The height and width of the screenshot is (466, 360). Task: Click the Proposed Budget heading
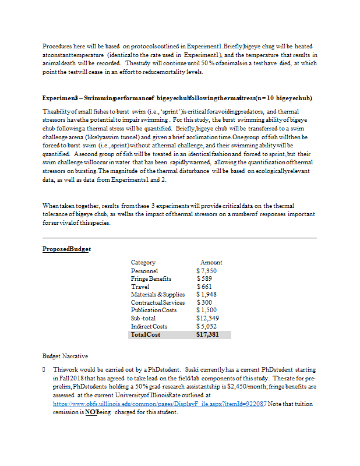pos(66,249)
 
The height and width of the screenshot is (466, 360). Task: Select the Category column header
pos(143,263)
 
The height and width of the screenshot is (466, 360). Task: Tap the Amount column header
pos(211,263)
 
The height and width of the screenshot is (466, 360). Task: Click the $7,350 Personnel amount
pos(207,271)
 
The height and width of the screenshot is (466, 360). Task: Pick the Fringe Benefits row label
pos(151,279)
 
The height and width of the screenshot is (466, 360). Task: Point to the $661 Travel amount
pos(204,287)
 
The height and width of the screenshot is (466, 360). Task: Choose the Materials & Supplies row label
pos(157,295)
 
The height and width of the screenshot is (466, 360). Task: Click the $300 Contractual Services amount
pos(204,302)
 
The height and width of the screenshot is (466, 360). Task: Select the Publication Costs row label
pos(153,310)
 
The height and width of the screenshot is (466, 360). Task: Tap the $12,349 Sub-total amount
pos(209,319)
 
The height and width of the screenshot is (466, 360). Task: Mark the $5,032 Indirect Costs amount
pos(207,327)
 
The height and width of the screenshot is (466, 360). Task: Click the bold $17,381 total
pos(209,335)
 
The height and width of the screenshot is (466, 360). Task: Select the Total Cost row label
pos(146,335)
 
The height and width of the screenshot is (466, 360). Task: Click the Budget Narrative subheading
pos(65,355)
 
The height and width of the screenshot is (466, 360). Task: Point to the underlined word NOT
pos(91,412)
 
